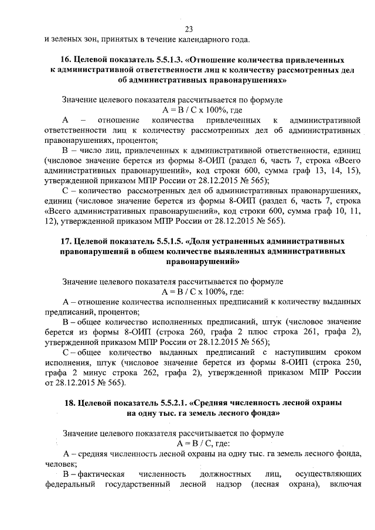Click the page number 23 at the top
pos(189,30)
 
